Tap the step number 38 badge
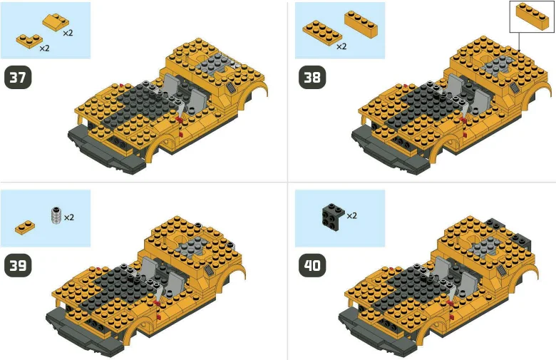tap(312, 78)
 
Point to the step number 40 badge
tap(312, 266)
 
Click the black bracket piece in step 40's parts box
tap(330, 212)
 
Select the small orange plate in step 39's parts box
tap(25, 227)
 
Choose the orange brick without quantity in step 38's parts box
tap(361, 24)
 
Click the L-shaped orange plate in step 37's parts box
tap(28, 40)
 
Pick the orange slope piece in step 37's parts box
tap(56, 21)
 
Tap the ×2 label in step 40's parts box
tap(351, 215)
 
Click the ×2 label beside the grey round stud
tap(69, 217)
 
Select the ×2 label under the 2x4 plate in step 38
tap(341, 47)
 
